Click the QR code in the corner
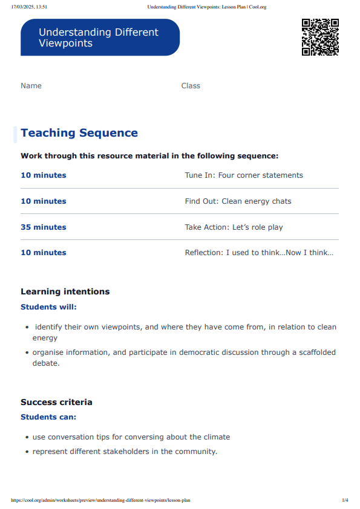tap(320, 37)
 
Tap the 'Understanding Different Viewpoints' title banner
tap(100, 37)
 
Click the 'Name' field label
tap(31, 86)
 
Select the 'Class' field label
tap(191, 86)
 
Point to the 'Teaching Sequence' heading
tap(79, 133)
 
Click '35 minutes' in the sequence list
tap(44, 227)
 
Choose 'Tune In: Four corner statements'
tap(244, 175)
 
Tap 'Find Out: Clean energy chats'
tap(238, 201)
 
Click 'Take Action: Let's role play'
tap(234, 227)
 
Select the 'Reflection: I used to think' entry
tap(259, 253)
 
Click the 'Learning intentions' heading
tap(65, 291)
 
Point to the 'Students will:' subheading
tap(49, 307)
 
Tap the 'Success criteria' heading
tap(56, 402)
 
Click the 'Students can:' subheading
tap(48, 417)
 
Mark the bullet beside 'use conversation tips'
tap(27, 437)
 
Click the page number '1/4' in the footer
tap(345, 501)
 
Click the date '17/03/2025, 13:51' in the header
tap(29, 7)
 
